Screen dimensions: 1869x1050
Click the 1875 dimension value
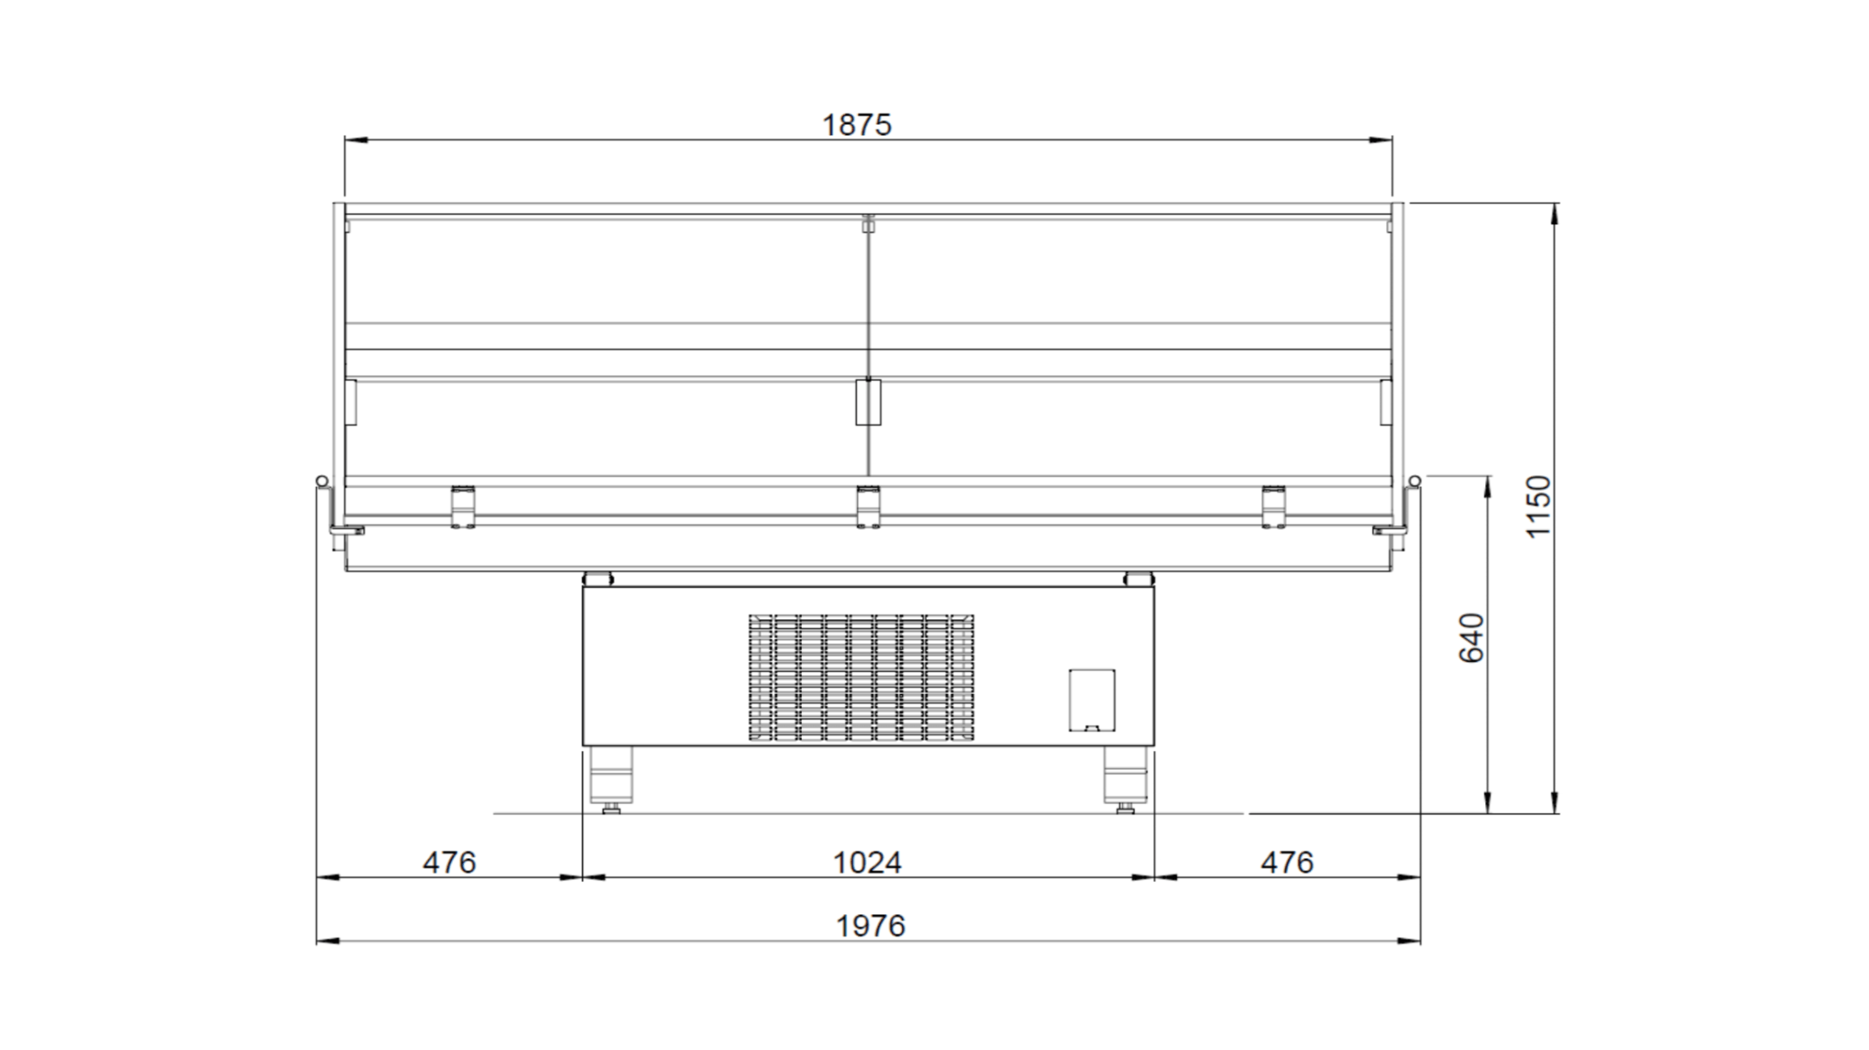(856, 125)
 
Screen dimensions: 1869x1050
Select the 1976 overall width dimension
(871, 925)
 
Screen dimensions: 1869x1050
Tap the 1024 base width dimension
(867, 862)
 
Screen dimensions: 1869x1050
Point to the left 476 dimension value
(449, 862)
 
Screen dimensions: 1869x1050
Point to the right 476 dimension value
(1287, 862)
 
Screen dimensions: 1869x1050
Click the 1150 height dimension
(1539, 506)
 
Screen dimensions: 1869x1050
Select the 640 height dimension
(1471, 637)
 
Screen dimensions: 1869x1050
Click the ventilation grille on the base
(861, 677)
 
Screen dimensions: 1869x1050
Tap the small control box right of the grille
(1092, 700)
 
